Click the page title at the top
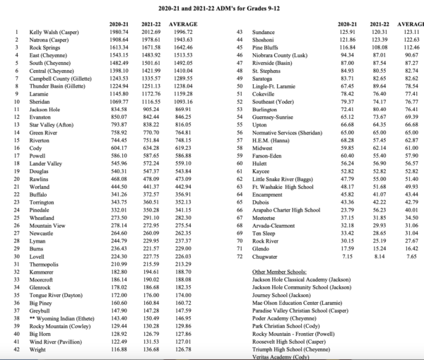[213, 6]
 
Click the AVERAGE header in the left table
[183, 25]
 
